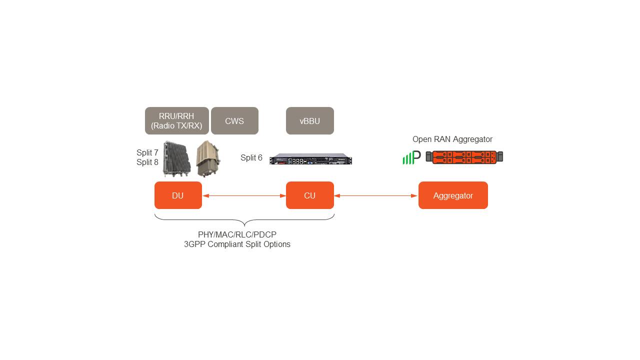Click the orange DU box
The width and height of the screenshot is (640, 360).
tap(178, 195)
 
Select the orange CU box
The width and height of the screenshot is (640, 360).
tap(309, 195)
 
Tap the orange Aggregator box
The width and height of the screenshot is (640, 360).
tap(453, 195)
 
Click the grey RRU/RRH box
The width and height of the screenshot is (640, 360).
tap(176, 121)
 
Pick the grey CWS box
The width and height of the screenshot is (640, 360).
tap(234, 121)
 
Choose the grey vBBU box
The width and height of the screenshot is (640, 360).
tap(309, 121)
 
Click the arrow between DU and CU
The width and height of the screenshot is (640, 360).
tap(244, 196)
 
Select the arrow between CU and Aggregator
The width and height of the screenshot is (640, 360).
tap(376, 196)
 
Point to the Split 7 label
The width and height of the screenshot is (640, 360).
tap(147, 152)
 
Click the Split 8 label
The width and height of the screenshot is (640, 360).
tap(147, 162)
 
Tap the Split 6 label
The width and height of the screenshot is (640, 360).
tap(251, 158)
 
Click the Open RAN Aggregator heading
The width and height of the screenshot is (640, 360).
tap(452, 139)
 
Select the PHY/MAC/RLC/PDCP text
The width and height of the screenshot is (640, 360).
tap(237, 234)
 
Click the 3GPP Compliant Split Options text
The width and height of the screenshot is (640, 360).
tap(237, 244)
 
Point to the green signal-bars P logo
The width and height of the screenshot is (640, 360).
tap(411, 157)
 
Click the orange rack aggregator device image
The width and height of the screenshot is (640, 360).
tap(464, 157)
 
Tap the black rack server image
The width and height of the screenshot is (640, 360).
tap(310, 159)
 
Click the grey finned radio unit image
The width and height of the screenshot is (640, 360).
tap(176, 158)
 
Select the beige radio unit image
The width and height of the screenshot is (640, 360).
tap(207, 158)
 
